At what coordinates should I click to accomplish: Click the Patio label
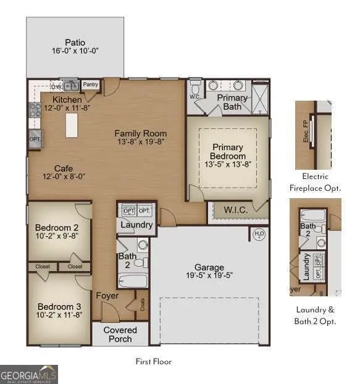pyautogui.click(x=75, y=44)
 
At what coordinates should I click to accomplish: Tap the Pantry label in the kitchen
pyautogui.click(x=91, y=85)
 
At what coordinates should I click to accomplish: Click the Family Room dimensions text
pyautogui.click(x=140, y=143)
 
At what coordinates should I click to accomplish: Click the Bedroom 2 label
pyautogui.click(x=56, y=227)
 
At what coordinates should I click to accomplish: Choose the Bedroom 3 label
pyautogui.click(x=56, y=307)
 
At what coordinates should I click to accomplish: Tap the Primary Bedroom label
pyautogui.click(x=228, y=152)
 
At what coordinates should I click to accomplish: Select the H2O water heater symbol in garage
pyautogui.click(x=259, y=233)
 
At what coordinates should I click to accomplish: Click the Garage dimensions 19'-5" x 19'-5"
pyautogui.click(x=209, y=275)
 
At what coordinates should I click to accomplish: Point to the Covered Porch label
pyautogui.click(x=120, y=334)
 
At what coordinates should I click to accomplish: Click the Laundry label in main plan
pyautogui.click(x=136, y=225)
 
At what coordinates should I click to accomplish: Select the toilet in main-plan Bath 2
pyautogui.click(x=140, y=262)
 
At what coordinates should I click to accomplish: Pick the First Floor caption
pyautogui.click(x=154, y=361)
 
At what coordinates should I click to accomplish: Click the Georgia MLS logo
pyautogui.click(x=29, y=374)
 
